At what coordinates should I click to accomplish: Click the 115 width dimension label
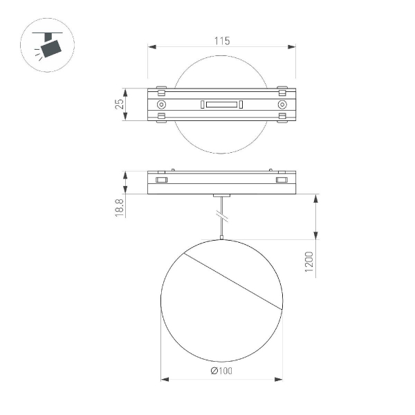(221, 41)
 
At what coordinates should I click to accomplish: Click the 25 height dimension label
(120, 104)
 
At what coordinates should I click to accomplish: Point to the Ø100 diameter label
(221, 371)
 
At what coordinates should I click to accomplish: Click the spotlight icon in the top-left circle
(49, 46)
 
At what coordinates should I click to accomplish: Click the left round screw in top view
(161, 104)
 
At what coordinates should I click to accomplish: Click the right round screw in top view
(282, 104)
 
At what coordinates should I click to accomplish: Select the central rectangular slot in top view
(221, 104)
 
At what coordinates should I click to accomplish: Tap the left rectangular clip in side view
(161, 181)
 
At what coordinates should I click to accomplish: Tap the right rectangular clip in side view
(282, 181)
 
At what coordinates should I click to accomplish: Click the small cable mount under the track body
(221, 196)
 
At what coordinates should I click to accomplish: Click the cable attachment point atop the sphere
(221, 239)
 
